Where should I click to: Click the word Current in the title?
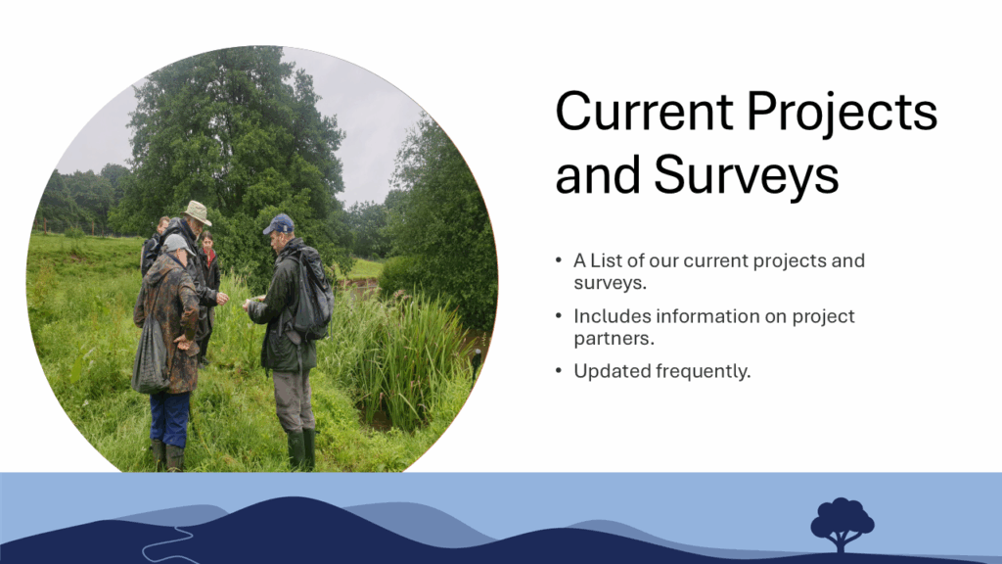[644, 112]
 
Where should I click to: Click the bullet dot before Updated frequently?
[559, 371]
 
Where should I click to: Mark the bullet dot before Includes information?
[559, 316]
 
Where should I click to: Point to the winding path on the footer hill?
[167, 543]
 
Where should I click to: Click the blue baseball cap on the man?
[279, 224]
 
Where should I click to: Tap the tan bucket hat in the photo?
[196, 212]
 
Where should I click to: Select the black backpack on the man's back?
[312, 296]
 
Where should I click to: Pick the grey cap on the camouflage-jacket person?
[177, 244]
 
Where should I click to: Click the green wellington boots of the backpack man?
[301, 449]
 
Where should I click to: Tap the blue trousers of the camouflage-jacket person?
[169, 419]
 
